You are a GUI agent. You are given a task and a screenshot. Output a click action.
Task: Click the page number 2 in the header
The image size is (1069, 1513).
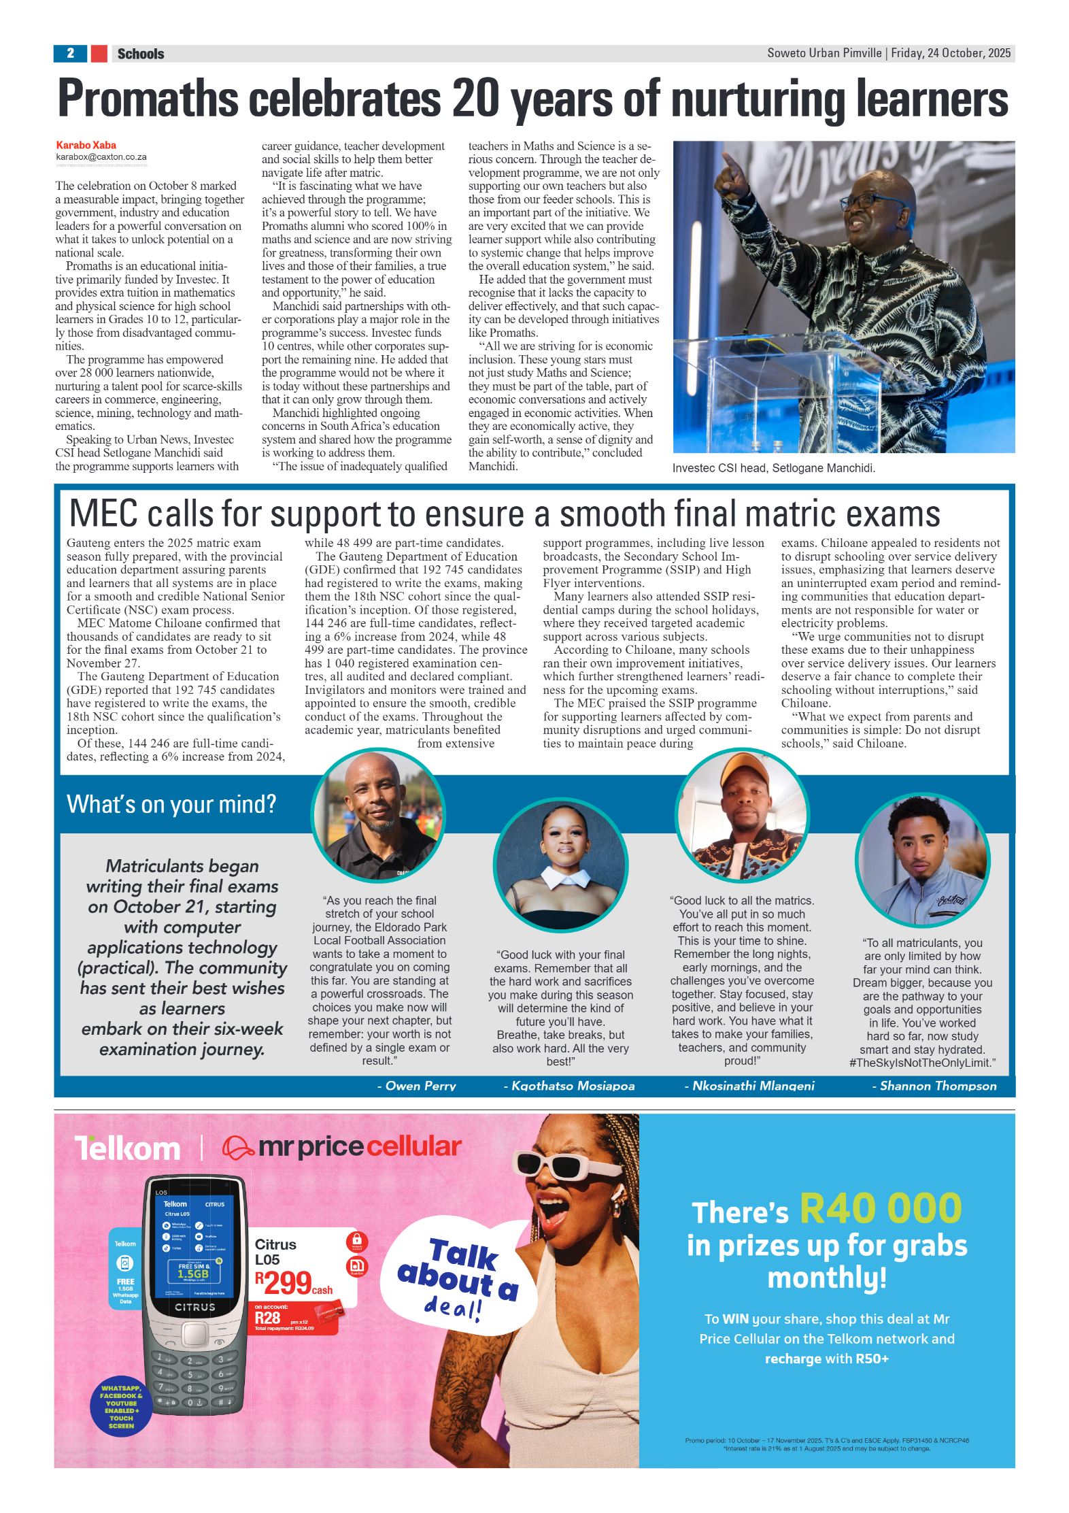click(70, 53)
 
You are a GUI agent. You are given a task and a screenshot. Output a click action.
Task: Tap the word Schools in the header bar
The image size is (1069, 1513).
click(141, 54)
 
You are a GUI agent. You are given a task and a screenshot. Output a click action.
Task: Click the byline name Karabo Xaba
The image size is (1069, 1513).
click(86, 145)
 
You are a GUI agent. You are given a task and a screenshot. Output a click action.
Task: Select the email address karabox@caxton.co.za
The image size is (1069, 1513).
click(101, 156)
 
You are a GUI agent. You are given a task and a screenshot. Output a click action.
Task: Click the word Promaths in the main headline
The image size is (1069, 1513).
click(148, 99)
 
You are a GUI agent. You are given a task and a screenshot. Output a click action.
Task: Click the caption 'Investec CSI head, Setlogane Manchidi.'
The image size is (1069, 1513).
click(773, 468)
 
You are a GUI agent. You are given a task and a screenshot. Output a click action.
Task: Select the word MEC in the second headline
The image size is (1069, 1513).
click(103, 514)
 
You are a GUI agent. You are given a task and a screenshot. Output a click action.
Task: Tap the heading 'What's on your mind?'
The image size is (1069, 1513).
click(171, 804)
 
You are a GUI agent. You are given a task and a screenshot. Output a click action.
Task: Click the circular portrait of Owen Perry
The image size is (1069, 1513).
click(378, 815)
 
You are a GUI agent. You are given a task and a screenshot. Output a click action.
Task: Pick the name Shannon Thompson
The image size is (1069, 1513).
click(938, 1086)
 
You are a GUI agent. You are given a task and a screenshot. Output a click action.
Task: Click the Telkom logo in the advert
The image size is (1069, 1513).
click(128, 1148)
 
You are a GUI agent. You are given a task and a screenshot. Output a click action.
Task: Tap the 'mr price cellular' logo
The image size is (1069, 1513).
click(343, 1147)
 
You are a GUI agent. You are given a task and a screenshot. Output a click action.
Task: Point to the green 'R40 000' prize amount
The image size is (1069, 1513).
click(880, 1208)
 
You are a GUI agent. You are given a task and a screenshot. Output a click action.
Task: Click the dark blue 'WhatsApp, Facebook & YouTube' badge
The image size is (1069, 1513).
click(121, 1407)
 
